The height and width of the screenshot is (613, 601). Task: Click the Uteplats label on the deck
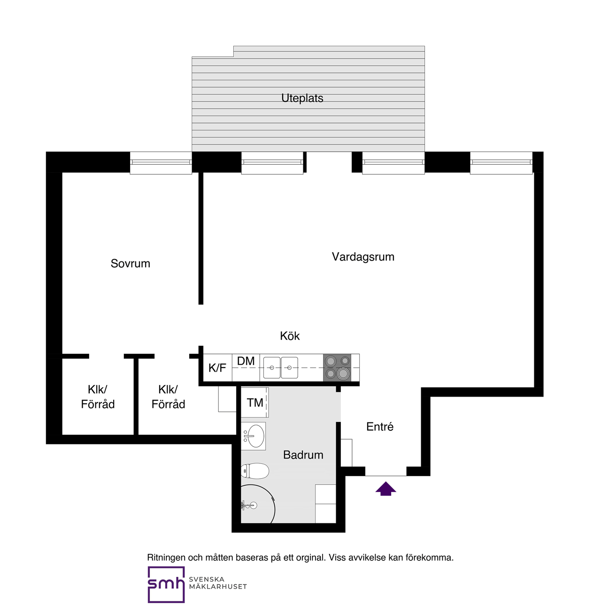click(302, 98)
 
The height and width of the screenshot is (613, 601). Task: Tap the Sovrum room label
click(130, 263)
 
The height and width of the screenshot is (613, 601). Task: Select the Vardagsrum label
click(363, 257)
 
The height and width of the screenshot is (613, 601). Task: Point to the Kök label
click(290, 336)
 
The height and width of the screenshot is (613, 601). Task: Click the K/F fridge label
click(217, 368)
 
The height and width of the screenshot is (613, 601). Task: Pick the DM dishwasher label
click(246, 361)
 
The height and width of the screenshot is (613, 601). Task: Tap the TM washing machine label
click(255, 403)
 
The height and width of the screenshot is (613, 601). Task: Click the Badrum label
click(303, 455)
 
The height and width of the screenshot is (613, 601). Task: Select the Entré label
click(380, 427)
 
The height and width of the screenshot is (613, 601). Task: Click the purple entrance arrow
click(385, 489)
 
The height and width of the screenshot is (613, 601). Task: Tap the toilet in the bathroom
click(254, 471)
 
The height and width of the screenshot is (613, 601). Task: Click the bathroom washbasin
click(254, 436)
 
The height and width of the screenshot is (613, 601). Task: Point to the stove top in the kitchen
click(337, 368)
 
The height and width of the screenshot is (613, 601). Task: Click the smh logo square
click(166, 585)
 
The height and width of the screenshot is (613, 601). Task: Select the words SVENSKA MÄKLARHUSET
click(218, 583)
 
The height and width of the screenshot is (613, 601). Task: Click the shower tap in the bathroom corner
click(250, 505)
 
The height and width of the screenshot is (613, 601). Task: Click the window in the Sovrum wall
click(161, 162)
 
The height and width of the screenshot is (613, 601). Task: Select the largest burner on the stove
click(343, 374)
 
